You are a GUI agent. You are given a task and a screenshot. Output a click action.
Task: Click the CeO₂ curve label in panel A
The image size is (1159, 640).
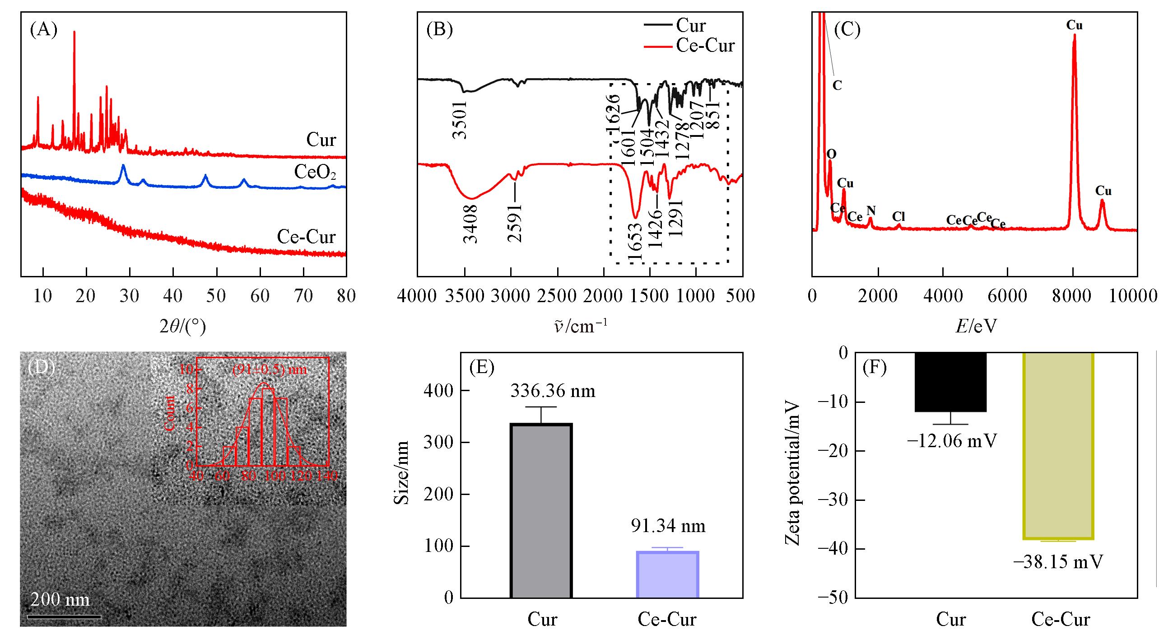tap(315, 173)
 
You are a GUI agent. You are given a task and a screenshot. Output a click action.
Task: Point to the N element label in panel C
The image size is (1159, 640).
tap(871, 210)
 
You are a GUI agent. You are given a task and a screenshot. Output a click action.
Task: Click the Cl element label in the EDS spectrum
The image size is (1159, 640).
tap(898, 217)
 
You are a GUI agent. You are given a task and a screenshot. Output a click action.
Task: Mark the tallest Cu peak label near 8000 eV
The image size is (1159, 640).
tap(1074, 25)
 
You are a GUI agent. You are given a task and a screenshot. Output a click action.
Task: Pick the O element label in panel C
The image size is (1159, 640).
tap(831, 154)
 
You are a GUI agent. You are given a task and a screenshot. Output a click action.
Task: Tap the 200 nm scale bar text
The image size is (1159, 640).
tap(60, 599)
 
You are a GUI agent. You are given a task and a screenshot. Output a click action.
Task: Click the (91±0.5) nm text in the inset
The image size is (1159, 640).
tap(270, 369)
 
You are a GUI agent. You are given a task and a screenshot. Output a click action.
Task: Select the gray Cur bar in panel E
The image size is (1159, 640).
tap(541, 510)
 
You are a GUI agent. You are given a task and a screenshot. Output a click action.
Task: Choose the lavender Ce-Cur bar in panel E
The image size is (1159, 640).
tap(667, 574)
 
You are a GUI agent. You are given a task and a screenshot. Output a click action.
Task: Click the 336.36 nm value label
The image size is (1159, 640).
tap(553, 391)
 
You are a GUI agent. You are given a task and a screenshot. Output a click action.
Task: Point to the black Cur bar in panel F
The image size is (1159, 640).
tap(950, 382)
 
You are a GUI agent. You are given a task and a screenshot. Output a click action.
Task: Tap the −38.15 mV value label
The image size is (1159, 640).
tap(1058, 562)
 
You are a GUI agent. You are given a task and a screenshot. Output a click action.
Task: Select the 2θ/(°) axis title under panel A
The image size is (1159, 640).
tap(182, 326)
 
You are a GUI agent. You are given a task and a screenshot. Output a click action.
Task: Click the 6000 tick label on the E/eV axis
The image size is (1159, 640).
tap(1007, 297)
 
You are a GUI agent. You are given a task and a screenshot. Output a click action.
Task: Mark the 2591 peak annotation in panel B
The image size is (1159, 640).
tap(514, 222)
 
